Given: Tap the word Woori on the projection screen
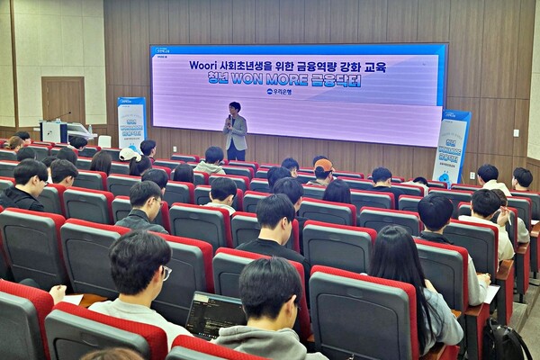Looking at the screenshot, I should coord(206,66).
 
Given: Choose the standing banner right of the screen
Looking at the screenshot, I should coord(451,144).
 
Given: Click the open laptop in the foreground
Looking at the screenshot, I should coord(214,314).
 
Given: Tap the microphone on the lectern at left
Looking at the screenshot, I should coord(64,115).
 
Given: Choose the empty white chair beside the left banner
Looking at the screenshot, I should coord(104,141).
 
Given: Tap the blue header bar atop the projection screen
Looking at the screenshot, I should coord(297,50).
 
